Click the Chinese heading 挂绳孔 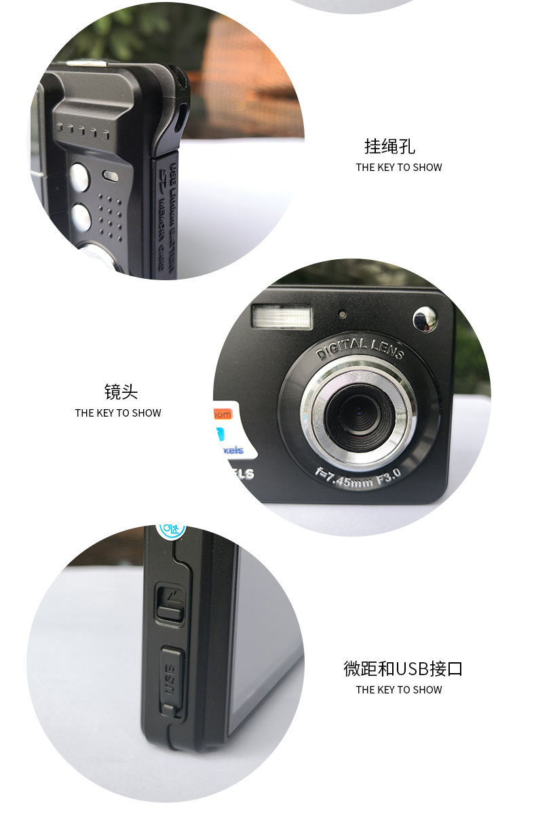coord(389,147)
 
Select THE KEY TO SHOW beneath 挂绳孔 coord(398,168)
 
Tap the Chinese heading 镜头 coord(121,392)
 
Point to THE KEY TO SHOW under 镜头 coord(118,413)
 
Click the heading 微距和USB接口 coord(403,668)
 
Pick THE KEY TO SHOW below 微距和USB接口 coord(398,690)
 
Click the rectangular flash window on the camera coord(282,317)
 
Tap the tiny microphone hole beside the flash coord(343,315)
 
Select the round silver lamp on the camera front coord(425,319)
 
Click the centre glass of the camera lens coord(358,413)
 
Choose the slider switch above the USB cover coord(170,604)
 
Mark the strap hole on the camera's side coord(181,115)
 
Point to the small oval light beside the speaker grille coord(110,175)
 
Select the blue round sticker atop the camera coord(171,529)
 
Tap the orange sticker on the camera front coord(221,414)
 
